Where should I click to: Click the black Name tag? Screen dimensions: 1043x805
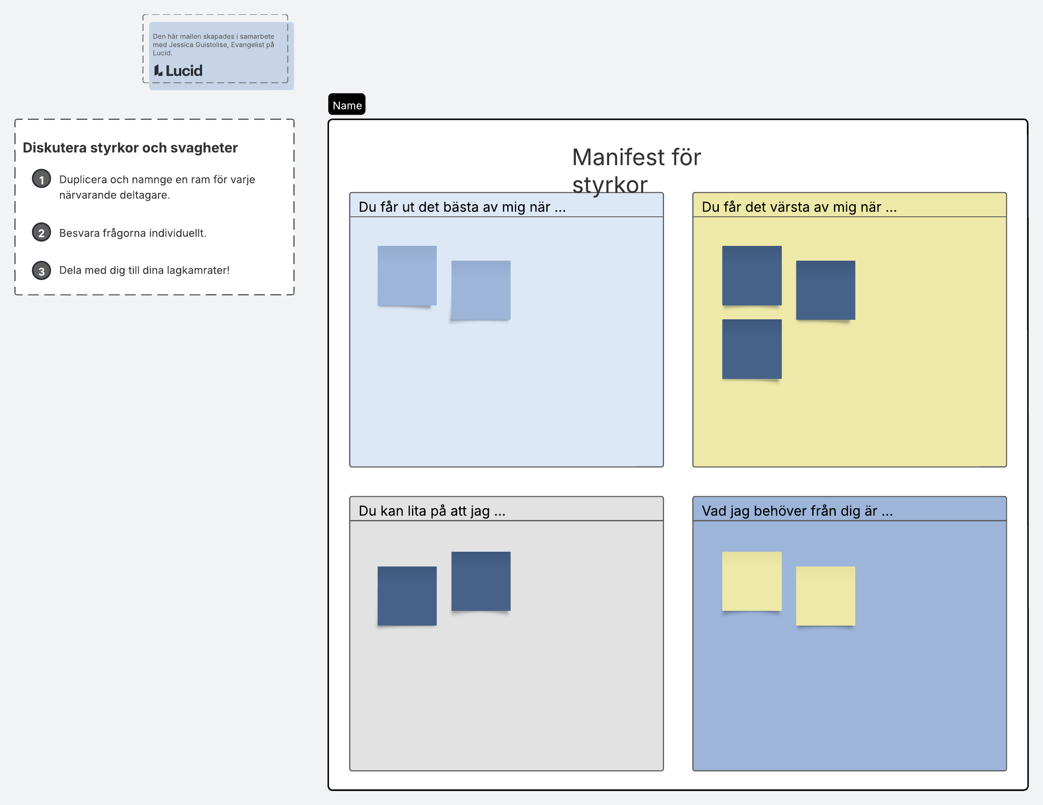[347, 105]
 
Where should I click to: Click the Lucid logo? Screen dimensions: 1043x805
[178, 71]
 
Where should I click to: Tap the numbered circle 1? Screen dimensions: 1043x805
[42, 179]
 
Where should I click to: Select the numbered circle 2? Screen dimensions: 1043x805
[42, 232]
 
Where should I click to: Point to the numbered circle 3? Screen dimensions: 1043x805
[42, 271]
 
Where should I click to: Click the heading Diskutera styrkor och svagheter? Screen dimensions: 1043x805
[130, 148]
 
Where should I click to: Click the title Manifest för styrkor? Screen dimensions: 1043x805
[636, 170]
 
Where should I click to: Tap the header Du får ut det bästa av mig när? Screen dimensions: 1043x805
[462, 207]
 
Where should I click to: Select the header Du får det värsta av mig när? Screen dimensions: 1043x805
[799, 207]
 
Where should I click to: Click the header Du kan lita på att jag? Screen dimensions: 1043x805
[432, 511]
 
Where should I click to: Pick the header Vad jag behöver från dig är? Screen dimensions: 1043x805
[797, 511]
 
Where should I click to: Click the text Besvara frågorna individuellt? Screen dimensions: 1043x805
[133, 233]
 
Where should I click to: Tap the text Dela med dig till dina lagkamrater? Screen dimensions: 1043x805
[144, 270]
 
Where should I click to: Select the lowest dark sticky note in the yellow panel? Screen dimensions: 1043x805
[752, 349]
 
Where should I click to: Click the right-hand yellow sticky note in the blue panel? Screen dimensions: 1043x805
[825, 596]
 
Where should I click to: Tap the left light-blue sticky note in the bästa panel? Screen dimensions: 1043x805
[407, 275]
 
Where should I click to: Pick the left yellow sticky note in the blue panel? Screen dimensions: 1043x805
[752, 581]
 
